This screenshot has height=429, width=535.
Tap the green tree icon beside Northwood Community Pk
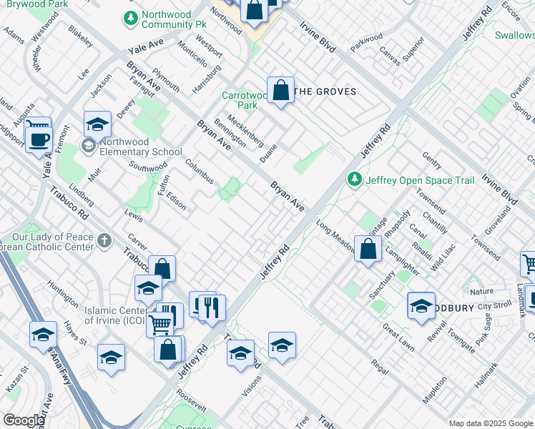(130, 18)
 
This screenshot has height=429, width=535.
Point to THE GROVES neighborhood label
(325, 92)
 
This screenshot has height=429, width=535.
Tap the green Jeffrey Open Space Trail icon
(353, 179)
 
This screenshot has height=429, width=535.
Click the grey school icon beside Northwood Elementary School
(89, 147)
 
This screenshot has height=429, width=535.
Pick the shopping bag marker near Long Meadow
(368, 250)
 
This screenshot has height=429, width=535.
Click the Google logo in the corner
(24, 420)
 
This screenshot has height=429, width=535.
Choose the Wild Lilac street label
(443, 258)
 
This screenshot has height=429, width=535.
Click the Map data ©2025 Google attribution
(490, 423)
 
